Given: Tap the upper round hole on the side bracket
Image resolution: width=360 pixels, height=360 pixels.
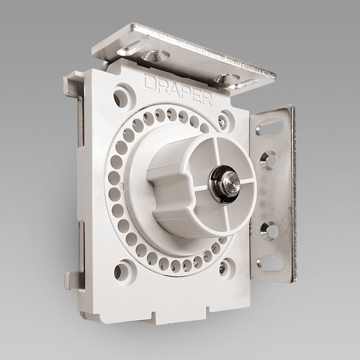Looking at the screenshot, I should click(269, 160).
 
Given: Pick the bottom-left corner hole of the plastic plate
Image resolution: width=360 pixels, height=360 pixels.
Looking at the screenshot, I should click(121, 271).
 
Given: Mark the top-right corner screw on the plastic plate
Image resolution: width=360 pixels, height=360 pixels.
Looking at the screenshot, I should click(224, 121).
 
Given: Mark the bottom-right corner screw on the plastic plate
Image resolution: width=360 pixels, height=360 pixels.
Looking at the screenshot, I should click(224, 269).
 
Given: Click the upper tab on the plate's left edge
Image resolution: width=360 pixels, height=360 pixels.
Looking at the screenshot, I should click(72, 85).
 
